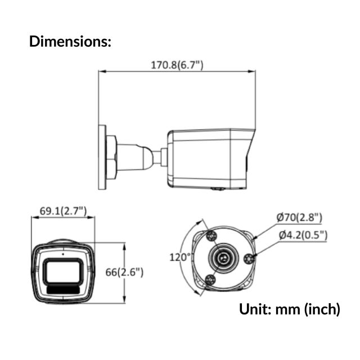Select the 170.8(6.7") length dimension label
[177, 65]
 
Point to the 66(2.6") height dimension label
[124, 272]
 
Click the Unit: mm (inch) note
[290, 309]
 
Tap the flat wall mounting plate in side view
[102, 157]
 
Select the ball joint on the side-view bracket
[148, 157]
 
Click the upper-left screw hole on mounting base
[211, 235]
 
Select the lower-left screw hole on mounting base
[211, 280]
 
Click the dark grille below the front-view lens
[62, 288]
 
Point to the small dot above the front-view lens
[62, 254]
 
